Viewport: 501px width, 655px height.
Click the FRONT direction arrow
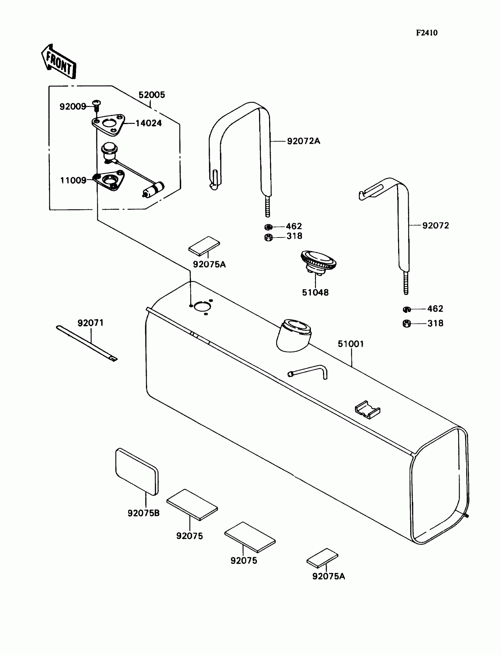(x=59, y=62)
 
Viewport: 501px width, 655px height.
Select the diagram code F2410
(x=426, y=33)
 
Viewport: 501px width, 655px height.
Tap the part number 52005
(x=151, y=95)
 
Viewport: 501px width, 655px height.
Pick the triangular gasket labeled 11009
(x=109, y=180)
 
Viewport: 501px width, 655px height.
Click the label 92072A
(x=303, y=141)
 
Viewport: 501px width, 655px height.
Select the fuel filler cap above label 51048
(x=318, y=261)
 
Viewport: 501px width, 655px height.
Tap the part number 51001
(x=351, y=344)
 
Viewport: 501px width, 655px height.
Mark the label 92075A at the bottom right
(x=328, y=576)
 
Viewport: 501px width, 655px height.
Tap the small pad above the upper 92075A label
(x=204, y=246)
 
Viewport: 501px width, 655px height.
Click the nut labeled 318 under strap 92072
(x=406, y=324)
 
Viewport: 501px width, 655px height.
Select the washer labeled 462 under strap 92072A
(x=268, y=227)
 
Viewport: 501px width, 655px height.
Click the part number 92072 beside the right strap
(x=435, y=225)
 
